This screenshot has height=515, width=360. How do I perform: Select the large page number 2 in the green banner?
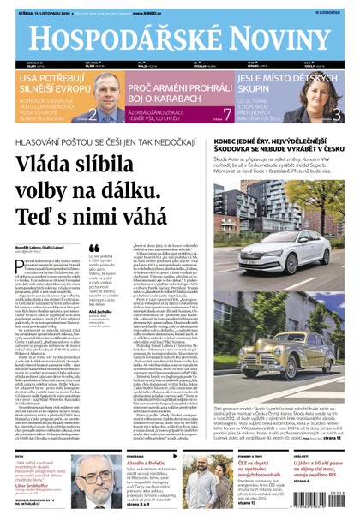coord(93,112)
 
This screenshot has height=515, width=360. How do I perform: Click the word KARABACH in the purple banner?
coord(192,101)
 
